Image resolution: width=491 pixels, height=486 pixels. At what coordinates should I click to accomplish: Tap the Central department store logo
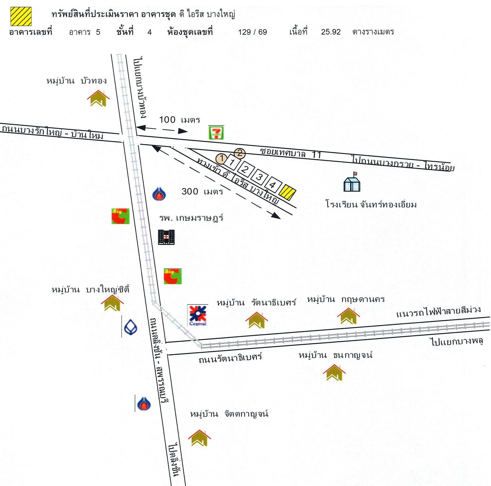tap(197, 315)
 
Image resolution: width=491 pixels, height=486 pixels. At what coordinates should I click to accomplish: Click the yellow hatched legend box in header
tap(21, 16)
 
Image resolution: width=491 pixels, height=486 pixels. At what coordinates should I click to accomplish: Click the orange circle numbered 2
tap(239, 153)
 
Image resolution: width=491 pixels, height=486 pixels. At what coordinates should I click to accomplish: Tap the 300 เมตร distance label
tap(202, 191)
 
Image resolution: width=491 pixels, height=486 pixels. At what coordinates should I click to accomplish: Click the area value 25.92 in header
tap(331, 32)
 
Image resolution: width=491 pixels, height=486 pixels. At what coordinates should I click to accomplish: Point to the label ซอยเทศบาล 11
tap(291, 153)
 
